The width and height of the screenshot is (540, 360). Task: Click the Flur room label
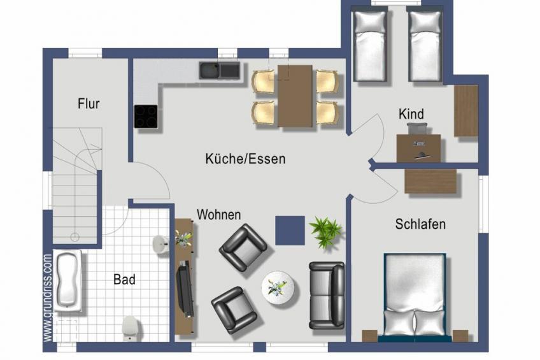coord(89,104)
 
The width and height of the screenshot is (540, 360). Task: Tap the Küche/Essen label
coord(245,159)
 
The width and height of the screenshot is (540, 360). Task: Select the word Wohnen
coord(218,215)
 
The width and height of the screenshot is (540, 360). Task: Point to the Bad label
coord(124,279)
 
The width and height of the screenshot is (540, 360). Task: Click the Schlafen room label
coord(420,224)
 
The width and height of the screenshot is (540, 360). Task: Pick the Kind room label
coord(411,114)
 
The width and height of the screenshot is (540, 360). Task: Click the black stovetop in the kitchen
coord(146,116)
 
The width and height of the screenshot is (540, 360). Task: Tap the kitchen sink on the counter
coord(219,71)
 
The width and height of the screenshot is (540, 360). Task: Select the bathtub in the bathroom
coord(68,281)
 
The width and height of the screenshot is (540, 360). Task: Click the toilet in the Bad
coord(131,328)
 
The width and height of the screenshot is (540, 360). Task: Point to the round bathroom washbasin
coord(160,245)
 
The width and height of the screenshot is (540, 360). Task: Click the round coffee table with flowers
coord(278,288)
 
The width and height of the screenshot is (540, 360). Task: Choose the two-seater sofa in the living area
coord(327,295)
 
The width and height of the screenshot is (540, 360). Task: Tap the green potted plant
coord(325,232)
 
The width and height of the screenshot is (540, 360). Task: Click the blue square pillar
coord(290,231)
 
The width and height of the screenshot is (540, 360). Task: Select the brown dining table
coord(295,96)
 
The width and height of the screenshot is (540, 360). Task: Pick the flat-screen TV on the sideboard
coord(185,289)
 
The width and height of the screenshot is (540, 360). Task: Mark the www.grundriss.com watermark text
coord(48,298)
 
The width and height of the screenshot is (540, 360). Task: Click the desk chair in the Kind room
coord(417,129)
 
